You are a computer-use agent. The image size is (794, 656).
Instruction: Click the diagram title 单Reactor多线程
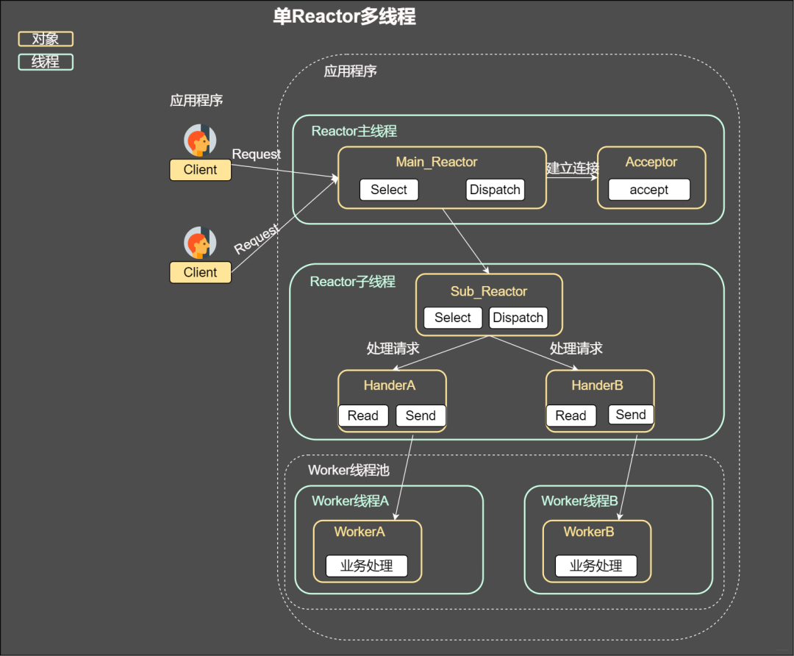point(344,17)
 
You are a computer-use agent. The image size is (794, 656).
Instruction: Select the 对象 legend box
point(46,39)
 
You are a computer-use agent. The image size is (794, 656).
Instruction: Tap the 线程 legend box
point(46,62)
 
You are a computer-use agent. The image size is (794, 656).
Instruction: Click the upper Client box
point(200,170)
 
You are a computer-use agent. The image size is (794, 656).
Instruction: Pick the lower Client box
point(200,272)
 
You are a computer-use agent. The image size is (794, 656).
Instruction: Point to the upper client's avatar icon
point(199,140)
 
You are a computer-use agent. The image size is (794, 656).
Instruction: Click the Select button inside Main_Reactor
point(389,190)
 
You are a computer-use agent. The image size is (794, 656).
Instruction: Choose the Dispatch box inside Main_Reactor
point(495,190)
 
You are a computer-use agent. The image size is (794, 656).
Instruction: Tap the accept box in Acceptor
point(648,190)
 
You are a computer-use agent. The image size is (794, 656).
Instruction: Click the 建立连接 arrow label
point(572,168)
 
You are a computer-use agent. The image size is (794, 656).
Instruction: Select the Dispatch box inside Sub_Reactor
point(518,318)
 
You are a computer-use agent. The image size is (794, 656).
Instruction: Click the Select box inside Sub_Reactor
point(453,318)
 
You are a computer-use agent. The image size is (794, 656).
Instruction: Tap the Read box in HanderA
point(363,416)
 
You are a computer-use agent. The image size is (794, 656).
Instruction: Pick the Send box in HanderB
point(631,415)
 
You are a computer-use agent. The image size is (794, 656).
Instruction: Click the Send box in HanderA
point(421,416)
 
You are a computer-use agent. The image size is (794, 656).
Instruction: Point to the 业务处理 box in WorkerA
point(366,566)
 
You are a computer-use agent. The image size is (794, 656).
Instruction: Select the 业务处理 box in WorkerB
point(595,566)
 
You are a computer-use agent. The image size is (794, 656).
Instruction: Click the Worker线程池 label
point(348,470)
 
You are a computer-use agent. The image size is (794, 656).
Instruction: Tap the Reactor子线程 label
point(353,282)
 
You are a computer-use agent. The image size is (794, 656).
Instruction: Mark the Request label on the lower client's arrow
point(257,239)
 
